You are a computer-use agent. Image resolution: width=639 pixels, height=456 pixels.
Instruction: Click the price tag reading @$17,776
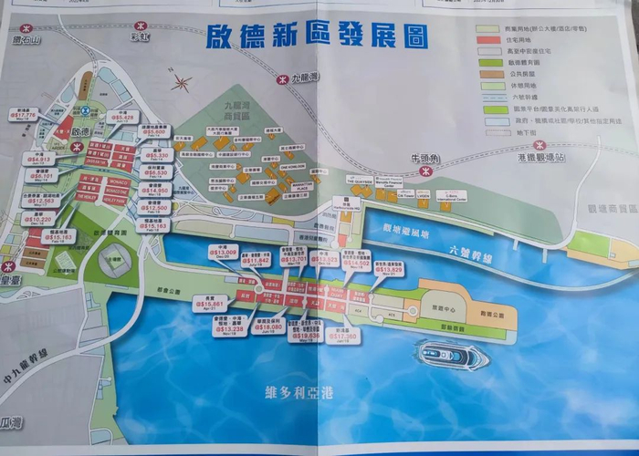click(25, 115)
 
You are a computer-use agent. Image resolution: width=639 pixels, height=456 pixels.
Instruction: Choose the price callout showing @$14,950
click(157, 192)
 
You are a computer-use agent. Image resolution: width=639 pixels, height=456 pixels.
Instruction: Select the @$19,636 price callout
click(308, 336)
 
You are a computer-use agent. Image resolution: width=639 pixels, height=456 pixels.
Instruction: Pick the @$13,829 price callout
click(389, 270)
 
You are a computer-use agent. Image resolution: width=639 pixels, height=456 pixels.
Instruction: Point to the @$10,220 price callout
click(38, 220)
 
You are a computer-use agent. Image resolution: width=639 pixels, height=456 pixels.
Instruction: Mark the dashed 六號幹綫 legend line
click(487, 93)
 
